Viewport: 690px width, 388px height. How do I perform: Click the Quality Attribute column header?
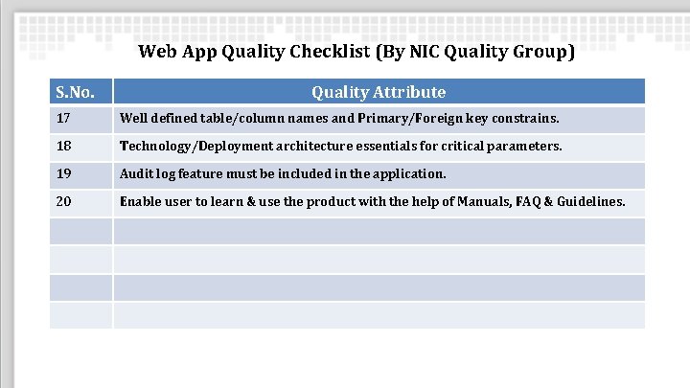tap(379, 92)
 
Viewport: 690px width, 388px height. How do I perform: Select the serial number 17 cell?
tap(64, 120)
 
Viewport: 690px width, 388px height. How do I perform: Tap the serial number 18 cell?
tap(64, 147)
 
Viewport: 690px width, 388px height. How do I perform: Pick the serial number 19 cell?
tap(64, 174)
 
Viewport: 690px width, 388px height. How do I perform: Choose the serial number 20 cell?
tap(64, 202)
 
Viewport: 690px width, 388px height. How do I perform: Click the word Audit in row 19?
tap(136, 174)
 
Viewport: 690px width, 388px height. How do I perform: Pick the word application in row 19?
tap(411, 174)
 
